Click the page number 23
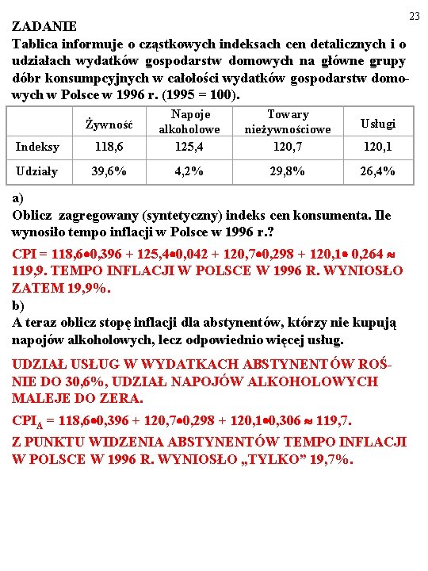(414, 17)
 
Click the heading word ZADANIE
(45, 26)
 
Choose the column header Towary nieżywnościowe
(289, 121)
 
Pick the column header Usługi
(377, 123)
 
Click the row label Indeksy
(37, 147)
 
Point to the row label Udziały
(36, 171)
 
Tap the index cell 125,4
(189, 147)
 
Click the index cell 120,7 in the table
(289, 147)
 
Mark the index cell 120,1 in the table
(377, 147)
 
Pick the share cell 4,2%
(189, 171)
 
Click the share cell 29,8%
(289, 171)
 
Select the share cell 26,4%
(377, 171)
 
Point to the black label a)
(19, 197)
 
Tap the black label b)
(19, 305)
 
